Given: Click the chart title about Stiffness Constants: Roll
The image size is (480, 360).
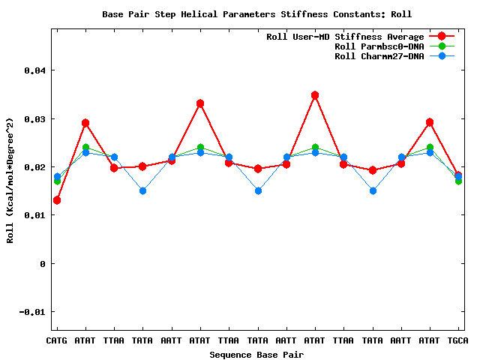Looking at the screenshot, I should [x=257, y=14].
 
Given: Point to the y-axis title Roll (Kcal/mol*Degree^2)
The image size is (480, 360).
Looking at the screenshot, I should [x=10, y=180].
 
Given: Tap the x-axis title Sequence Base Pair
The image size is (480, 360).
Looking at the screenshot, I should [x=256, y=354].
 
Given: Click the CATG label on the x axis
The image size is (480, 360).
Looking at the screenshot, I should [x=57, y=340].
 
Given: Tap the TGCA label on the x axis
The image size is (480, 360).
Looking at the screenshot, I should [x=458, y=340].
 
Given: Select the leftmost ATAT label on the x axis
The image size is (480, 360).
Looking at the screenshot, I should [x=85, y=340].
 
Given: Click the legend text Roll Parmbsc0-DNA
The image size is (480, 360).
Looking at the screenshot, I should [x=379, y=46].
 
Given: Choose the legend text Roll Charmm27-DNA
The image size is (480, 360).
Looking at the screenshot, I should [x=379, y=56].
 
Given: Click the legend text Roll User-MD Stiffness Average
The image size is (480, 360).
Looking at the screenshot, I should [x=345, y=37].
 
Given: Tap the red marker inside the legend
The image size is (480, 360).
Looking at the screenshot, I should [x=442, y=36].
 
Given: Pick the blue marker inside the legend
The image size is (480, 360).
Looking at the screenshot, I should [x=442, y=56].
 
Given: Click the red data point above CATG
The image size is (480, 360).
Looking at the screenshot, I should [x=57, y=200].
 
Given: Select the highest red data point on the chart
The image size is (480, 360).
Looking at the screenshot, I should [x=315, y=95].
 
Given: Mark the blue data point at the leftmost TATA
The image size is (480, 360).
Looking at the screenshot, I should [x=142, y=190].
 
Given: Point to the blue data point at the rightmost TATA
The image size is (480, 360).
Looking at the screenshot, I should [x=373, y=190].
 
